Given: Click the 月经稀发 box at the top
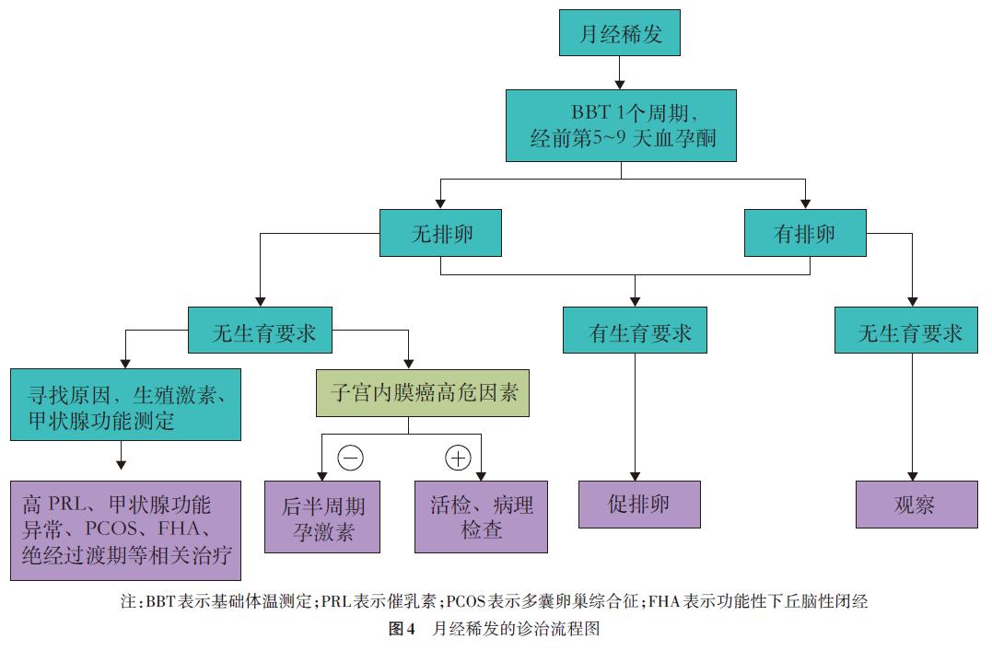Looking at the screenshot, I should (x=619, y=36).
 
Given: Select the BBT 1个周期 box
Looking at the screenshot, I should (x=621, y=125).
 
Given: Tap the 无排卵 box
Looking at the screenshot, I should (x=441, y=233).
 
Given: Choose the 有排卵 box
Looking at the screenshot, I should (x=805, y=233).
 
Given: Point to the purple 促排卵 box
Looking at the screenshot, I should (x=639, y=504).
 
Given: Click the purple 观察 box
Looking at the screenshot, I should (x=916, y=504).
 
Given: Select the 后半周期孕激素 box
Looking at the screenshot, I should (x=322, y=517).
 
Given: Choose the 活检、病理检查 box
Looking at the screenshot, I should (x=481, y=517).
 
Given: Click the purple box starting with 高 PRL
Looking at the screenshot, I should (x=126, y=530).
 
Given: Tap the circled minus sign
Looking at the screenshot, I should (x=349, y=457).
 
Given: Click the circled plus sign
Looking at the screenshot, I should (x=457, y=457).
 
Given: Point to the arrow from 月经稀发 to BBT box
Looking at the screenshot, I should (x=619, y=73).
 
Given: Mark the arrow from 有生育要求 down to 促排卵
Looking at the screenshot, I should (x=635, y=414).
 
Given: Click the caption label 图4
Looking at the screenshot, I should (x=402, y=631).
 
